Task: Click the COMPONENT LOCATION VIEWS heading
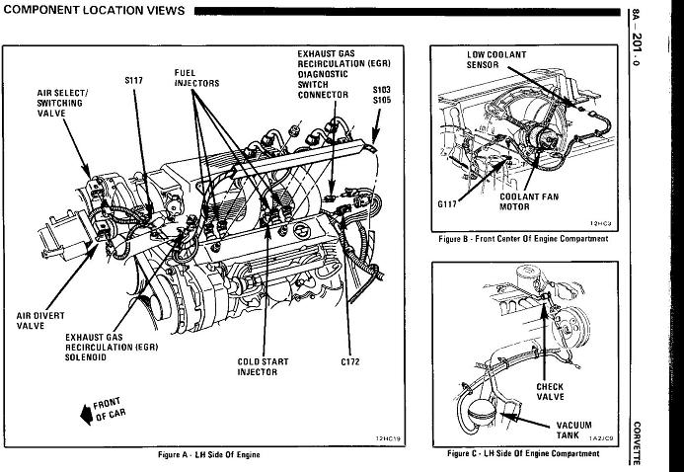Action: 95,10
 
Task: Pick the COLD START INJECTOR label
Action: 263,367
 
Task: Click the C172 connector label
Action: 350,362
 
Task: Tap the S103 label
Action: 382,89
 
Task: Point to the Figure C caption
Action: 522,453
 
